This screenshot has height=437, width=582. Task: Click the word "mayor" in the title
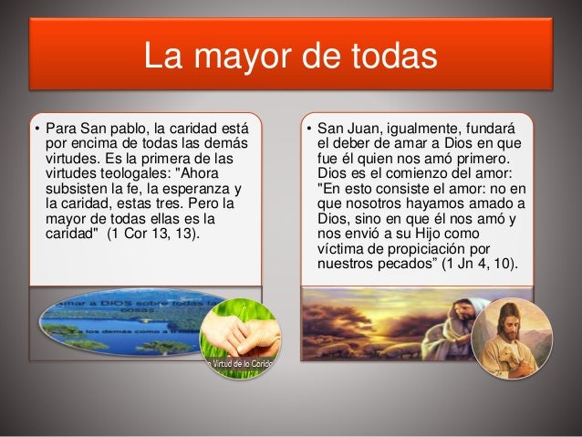pyautogui.click(x=241, y=57)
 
